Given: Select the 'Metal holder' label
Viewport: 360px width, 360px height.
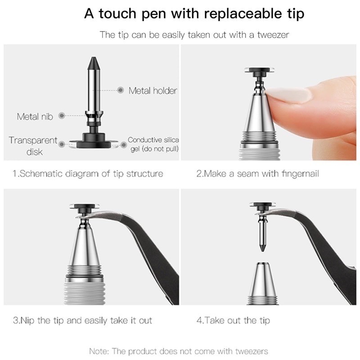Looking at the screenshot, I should point(153,90).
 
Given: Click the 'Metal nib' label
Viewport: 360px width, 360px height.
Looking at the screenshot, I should point(35,117).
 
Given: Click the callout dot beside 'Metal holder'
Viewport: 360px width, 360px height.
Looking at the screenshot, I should point(120,90).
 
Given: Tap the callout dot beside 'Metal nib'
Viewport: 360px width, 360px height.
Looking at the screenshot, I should point(62,116).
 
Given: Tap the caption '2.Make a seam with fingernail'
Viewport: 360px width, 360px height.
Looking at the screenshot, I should point(257,173).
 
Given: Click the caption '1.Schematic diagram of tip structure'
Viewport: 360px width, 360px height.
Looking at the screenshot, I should point(88,173).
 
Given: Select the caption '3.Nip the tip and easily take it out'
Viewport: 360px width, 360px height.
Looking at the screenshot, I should point(82,321).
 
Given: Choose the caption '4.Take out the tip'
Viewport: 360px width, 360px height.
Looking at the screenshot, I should point(233,321).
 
